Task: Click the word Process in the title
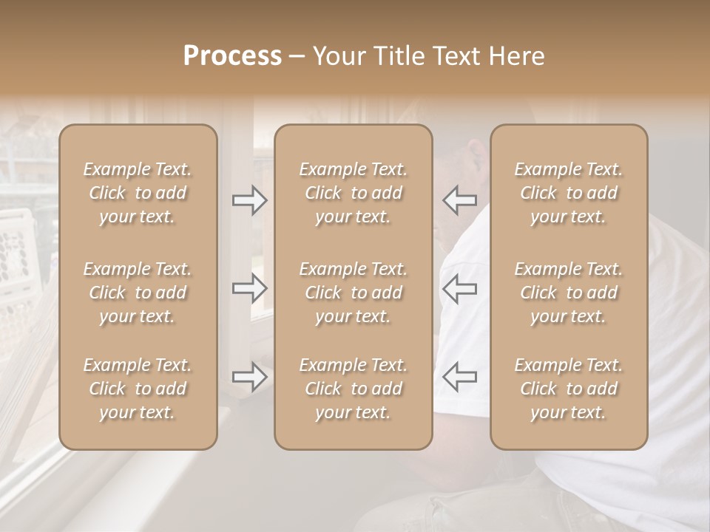click(x=232, y=56)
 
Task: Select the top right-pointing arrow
click(x=249, y=200)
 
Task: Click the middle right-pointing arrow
click(x=249, y=288)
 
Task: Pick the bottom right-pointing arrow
click(x=249, y=377)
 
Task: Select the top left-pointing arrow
click(x=460, y=200)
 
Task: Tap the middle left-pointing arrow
click(x=460, y=288)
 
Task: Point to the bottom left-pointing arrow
click(x=460, y=377)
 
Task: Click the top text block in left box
click(x=138, y=193)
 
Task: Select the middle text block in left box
click(x=138, y=293)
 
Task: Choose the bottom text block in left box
click(x=138, y=389)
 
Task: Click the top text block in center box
click(x=354, y=193)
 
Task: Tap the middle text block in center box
click(x=354, y=293)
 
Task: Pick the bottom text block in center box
click(x=354, y=389)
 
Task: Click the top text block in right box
click(x=569, y=193)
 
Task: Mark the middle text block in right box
click(x=569, y=293)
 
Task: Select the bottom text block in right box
click(x=569, y=389)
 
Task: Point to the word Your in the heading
click(x=338, y=56)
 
